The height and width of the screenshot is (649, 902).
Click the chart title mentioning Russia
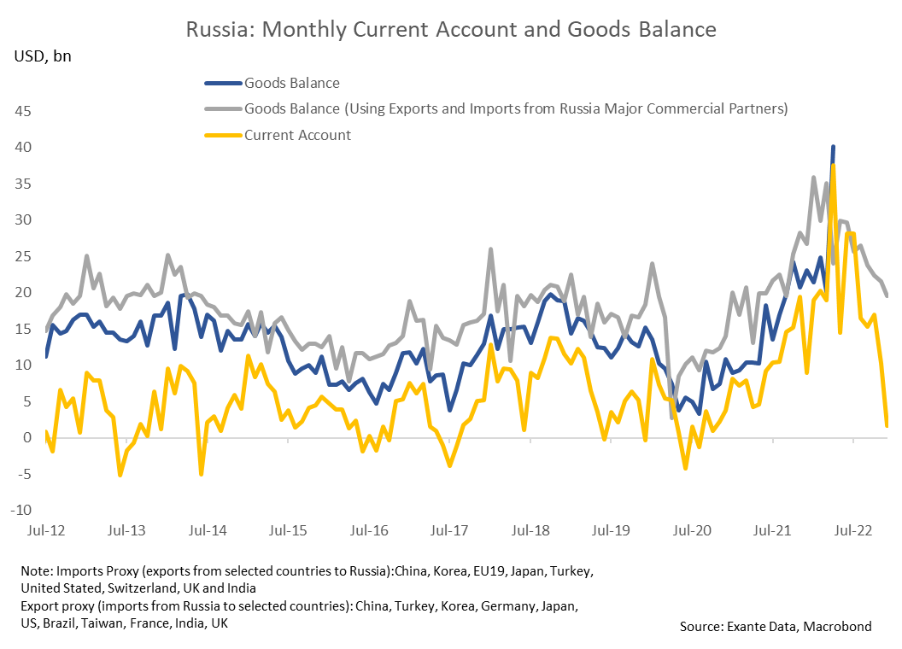coord(451,29)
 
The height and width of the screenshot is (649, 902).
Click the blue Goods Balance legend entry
coord(291,83)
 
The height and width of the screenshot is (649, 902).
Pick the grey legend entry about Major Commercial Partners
coord(515,108)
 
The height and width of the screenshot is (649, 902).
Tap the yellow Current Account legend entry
coord(297,134)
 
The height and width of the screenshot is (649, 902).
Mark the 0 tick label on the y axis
coord(28,437)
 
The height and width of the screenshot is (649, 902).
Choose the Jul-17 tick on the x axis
coord(449,530)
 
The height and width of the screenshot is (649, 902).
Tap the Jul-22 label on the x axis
coord(852,530)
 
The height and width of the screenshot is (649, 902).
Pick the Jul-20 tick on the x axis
coord(692,530)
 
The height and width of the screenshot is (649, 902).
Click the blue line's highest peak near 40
coord(833,147)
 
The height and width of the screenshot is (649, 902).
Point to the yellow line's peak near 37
coord(833,166)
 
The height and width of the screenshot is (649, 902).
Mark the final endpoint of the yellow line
coord(887,424)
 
